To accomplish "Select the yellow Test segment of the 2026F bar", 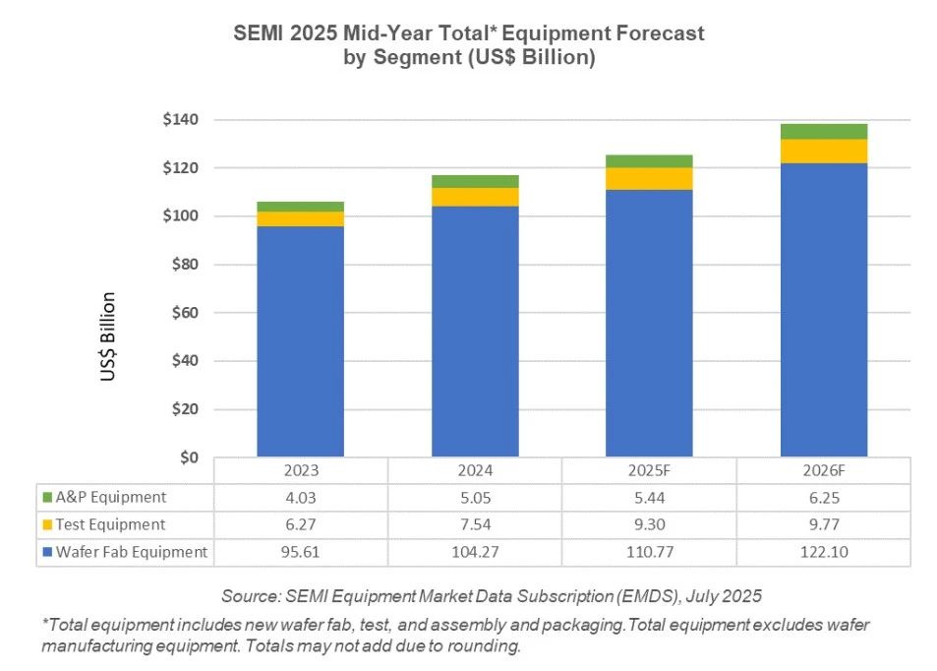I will [x=824, y=151].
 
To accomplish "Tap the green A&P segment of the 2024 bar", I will [x=475, y=181].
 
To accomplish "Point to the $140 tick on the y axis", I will [x=181, y=120].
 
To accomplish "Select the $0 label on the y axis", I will [x=189, y=457].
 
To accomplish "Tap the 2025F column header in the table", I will [x=649, y=471].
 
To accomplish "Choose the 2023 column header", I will [x=300, y=471].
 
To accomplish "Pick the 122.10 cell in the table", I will [x=824, y=552].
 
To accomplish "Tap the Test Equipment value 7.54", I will [x=475, y=524].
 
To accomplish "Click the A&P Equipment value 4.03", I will [x=300, y=497].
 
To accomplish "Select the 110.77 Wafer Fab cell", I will [x=649, y=552].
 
